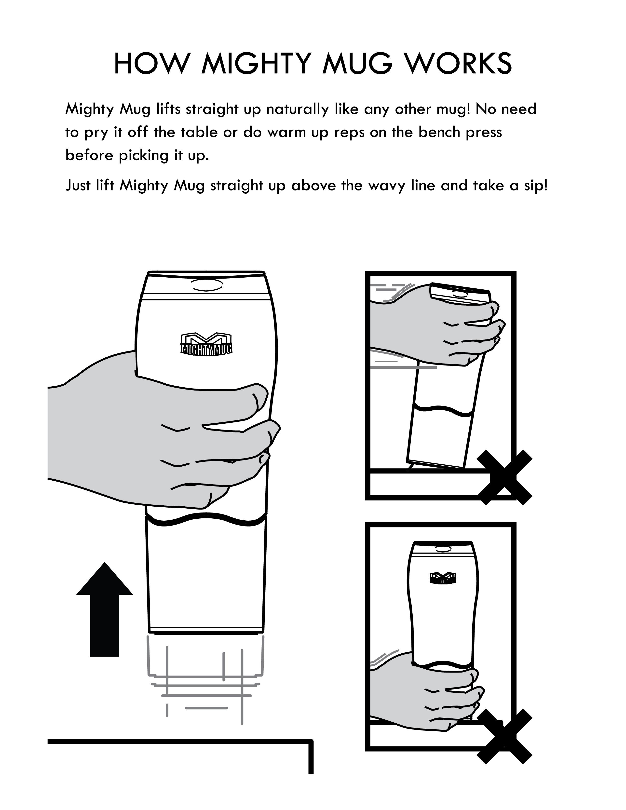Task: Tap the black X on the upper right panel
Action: (x=504, y=477)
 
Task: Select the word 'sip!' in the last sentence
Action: (x=535, y=185)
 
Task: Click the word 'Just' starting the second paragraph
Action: (x=78, y=185)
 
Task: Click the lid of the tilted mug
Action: (x=460, y=295)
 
